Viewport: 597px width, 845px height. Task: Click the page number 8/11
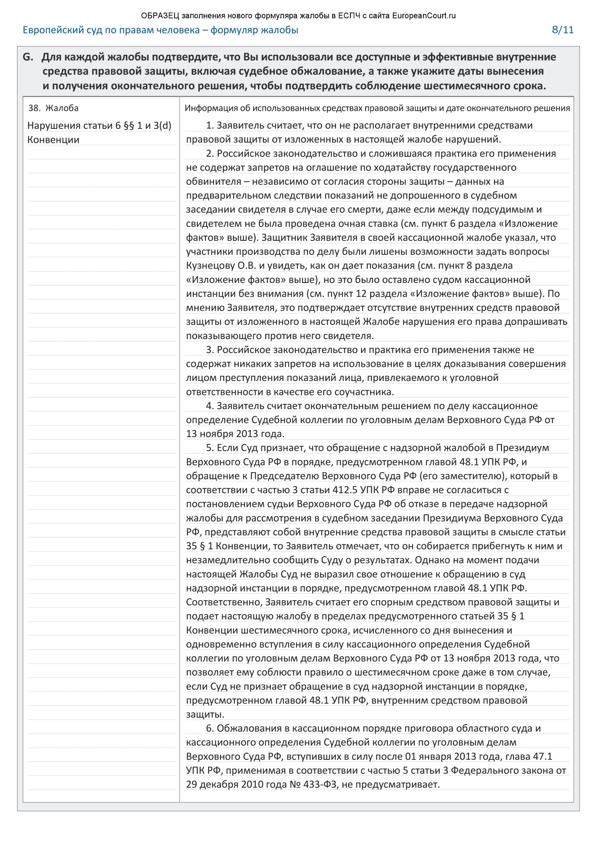tap(562, 30)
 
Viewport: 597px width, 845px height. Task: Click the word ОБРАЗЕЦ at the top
tap(160, 16)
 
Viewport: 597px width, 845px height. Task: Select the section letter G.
tap(28, 57)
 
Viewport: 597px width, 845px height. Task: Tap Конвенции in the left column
tap(53, 140)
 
